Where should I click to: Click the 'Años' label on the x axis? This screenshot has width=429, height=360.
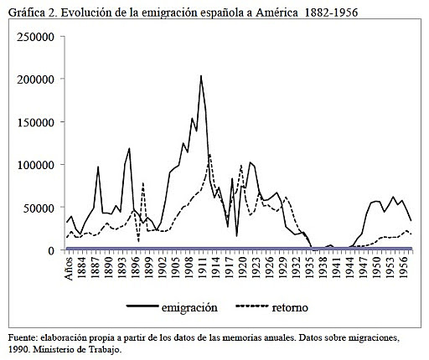pos(70,270)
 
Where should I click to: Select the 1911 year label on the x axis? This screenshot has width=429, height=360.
pos(201,270)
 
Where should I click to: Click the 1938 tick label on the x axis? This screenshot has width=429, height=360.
pos(324,270)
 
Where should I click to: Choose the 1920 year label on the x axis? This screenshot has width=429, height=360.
pos(242,270)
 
